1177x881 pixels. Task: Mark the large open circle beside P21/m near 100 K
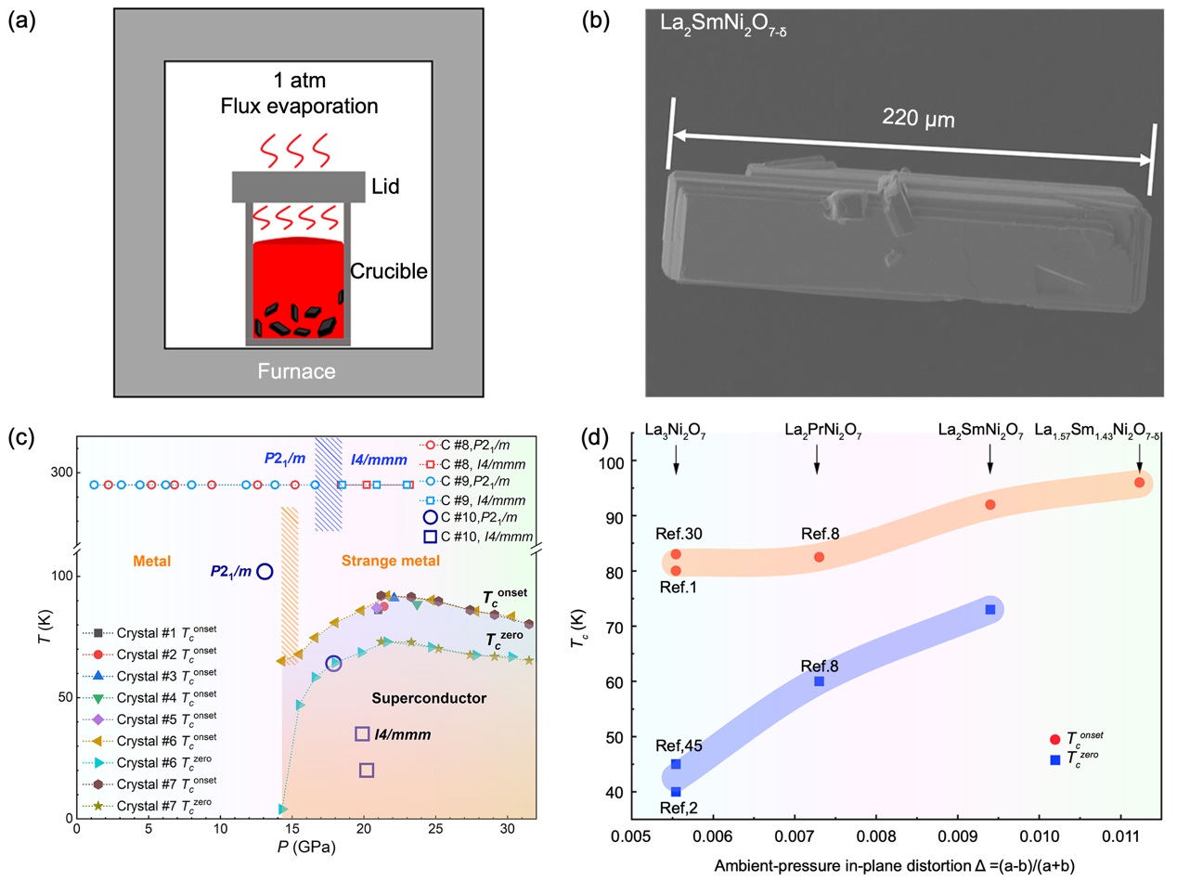coord(265,571)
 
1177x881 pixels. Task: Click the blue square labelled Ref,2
coord(676,792)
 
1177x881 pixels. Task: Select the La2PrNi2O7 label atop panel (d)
coord(817,430)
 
